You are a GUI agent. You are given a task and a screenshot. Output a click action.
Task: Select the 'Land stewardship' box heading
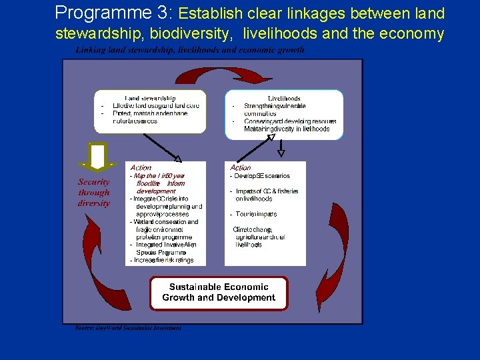coord(150,98)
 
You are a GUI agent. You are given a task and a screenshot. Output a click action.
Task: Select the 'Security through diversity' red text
coord(94,192)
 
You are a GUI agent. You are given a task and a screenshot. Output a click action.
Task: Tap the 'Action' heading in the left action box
coord(141,167)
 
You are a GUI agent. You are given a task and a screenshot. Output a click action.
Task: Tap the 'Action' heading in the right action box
coord(240,167)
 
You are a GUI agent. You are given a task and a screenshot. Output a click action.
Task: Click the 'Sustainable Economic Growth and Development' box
coord(219,293)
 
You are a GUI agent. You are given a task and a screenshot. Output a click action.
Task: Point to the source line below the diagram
coord(128,327)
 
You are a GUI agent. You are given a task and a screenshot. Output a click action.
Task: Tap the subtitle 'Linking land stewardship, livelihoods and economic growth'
coord(190,50)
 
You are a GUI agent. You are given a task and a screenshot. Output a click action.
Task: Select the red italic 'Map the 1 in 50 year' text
coord(159,176)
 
